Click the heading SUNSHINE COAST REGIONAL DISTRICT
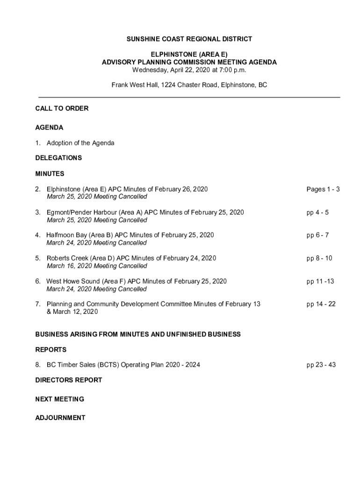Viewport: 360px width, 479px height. coord(189,39)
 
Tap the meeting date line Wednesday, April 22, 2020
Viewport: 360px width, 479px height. coord(189,70)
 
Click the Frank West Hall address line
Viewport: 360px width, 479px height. coord(189,85)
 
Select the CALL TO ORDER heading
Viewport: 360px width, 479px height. coord(62,109)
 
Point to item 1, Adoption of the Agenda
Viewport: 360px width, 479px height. coord(80,143)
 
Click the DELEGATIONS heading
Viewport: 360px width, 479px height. coord(58,158)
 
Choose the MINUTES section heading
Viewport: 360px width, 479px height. coord(50,174)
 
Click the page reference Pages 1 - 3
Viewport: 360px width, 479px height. coord(323,189)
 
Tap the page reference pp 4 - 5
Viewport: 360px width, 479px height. coord(317,212)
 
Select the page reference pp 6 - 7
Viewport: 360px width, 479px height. coord(317,235)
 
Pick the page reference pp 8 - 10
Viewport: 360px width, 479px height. coord(319,258)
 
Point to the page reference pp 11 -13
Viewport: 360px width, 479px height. coord(320,281)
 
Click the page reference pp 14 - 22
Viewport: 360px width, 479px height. coord(321,304)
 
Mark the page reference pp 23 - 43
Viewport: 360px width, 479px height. coord(321,364)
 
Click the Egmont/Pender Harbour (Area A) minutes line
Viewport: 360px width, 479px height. coord(145,212)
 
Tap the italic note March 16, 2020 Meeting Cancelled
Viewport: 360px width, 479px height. coord(97,266)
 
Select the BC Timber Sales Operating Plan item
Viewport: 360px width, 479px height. coord(123,364)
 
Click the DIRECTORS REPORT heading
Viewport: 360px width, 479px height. coord(68,380)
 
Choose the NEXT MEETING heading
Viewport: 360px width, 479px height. coord(59,399)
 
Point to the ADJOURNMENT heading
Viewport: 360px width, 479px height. coord(60,418)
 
